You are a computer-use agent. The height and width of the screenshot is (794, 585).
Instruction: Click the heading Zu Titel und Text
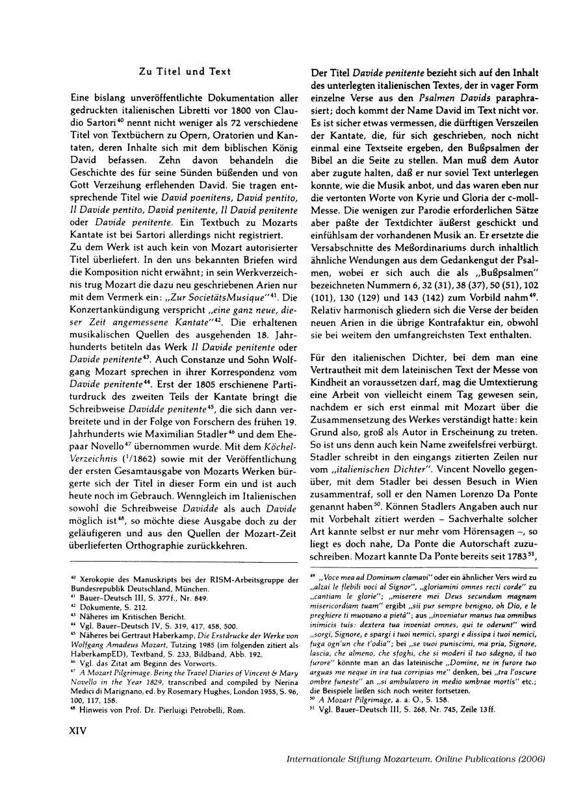click(x=185, y=71)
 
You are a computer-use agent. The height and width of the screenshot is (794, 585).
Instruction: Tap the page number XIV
click(x=79, y=748)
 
